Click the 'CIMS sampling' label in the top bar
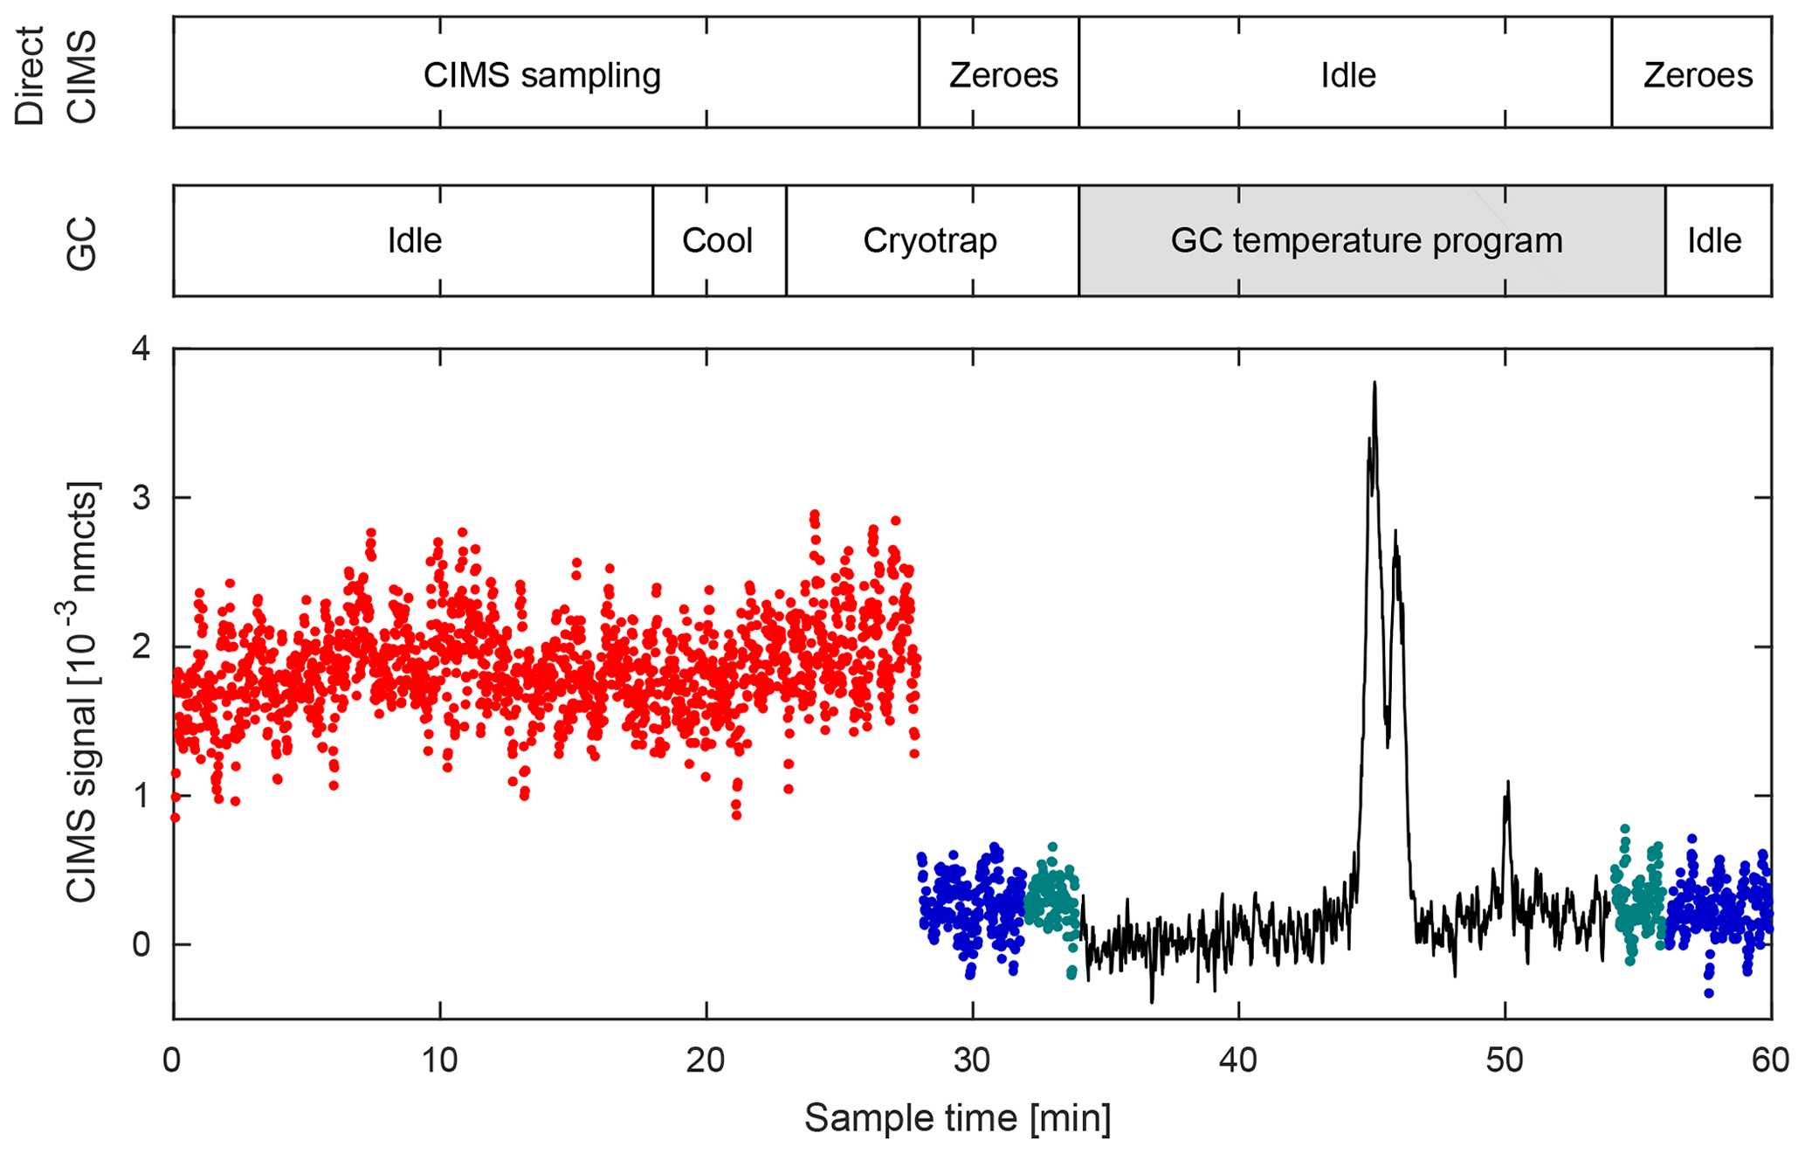point(541,76)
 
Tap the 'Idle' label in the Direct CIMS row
point(1347,76)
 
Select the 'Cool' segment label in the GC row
point(717,240)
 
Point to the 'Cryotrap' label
point(930,240)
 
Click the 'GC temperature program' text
point(1366,240)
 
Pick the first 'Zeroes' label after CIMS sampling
point(1003,76)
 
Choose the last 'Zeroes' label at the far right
point(1698,76)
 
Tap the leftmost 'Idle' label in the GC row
point(414,240)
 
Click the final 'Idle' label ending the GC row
point(1714,240)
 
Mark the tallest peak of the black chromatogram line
point(1374,384)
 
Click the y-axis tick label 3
point(140,499)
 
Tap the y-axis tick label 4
point(140,349)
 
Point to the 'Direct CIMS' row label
point(54,76)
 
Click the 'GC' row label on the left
point(81,242)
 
